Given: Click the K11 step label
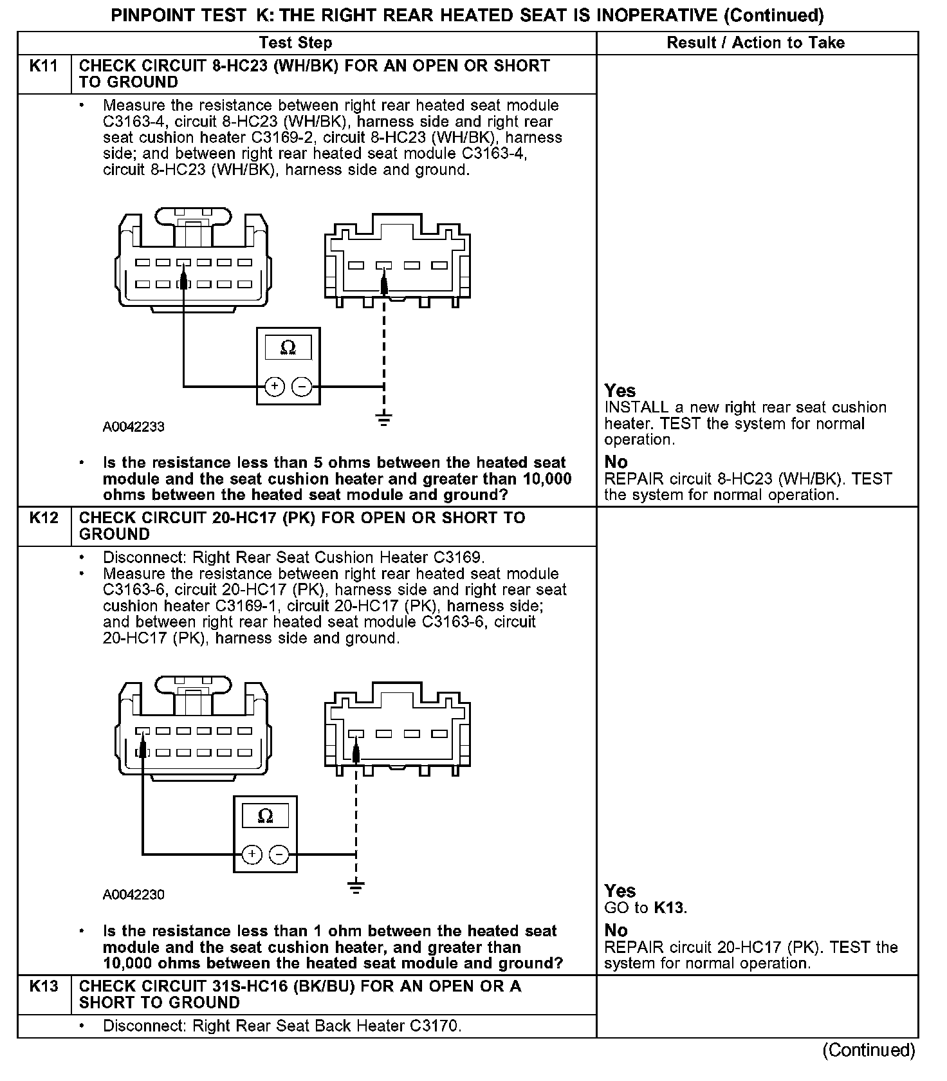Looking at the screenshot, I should (x=44, y=66).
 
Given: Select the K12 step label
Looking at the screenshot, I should (x=44, y=518).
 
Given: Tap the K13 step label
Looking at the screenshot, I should (x=44, y=986).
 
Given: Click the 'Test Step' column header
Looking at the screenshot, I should (x=295, y=43).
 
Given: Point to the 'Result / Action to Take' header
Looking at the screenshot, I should (x=755, y=43).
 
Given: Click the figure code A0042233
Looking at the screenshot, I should (x=134, y=427).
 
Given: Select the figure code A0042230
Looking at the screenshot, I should (x=134, y=894).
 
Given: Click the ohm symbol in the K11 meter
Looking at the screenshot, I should (x=288, y=348).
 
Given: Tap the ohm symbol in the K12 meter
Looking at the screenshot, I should (x=265, y=817).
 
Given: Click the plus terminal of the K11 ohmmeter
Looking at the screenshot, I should (x=275, y=387).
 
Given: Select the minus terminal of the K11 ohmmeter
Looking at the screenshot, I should (x=302, y=387).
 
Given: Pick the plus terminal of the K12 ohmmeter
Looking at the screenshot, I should (x=252, y=855).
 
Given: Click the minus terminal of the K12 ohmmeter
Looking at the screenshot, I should (x=279, y=855).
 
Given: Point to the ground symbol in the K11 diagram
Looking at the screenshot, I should (x=384, y=421).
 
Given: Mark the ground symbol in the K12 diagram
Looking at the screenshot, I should (x=356, y=888).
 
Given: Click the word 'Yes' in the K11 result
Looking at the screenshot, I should (x=620, y=391).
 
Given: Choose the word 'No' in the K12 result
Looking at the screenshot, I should (x=616, y=930).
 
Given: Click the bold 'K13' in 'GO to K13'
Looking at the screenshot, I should (x=669, y=908).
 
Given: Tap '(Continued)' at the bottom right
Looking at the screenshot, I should (x=869, y=1050).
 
